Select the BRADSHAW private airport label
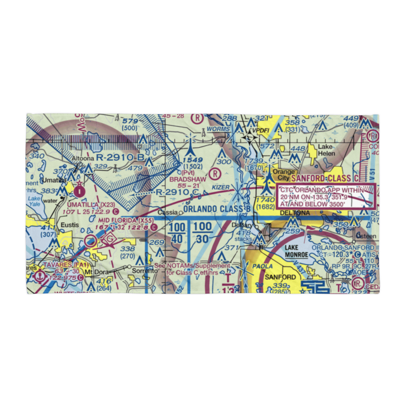(188, 179)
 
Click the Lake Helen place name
(326, 150)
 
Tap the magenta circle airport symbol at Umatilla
(80, 189)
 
